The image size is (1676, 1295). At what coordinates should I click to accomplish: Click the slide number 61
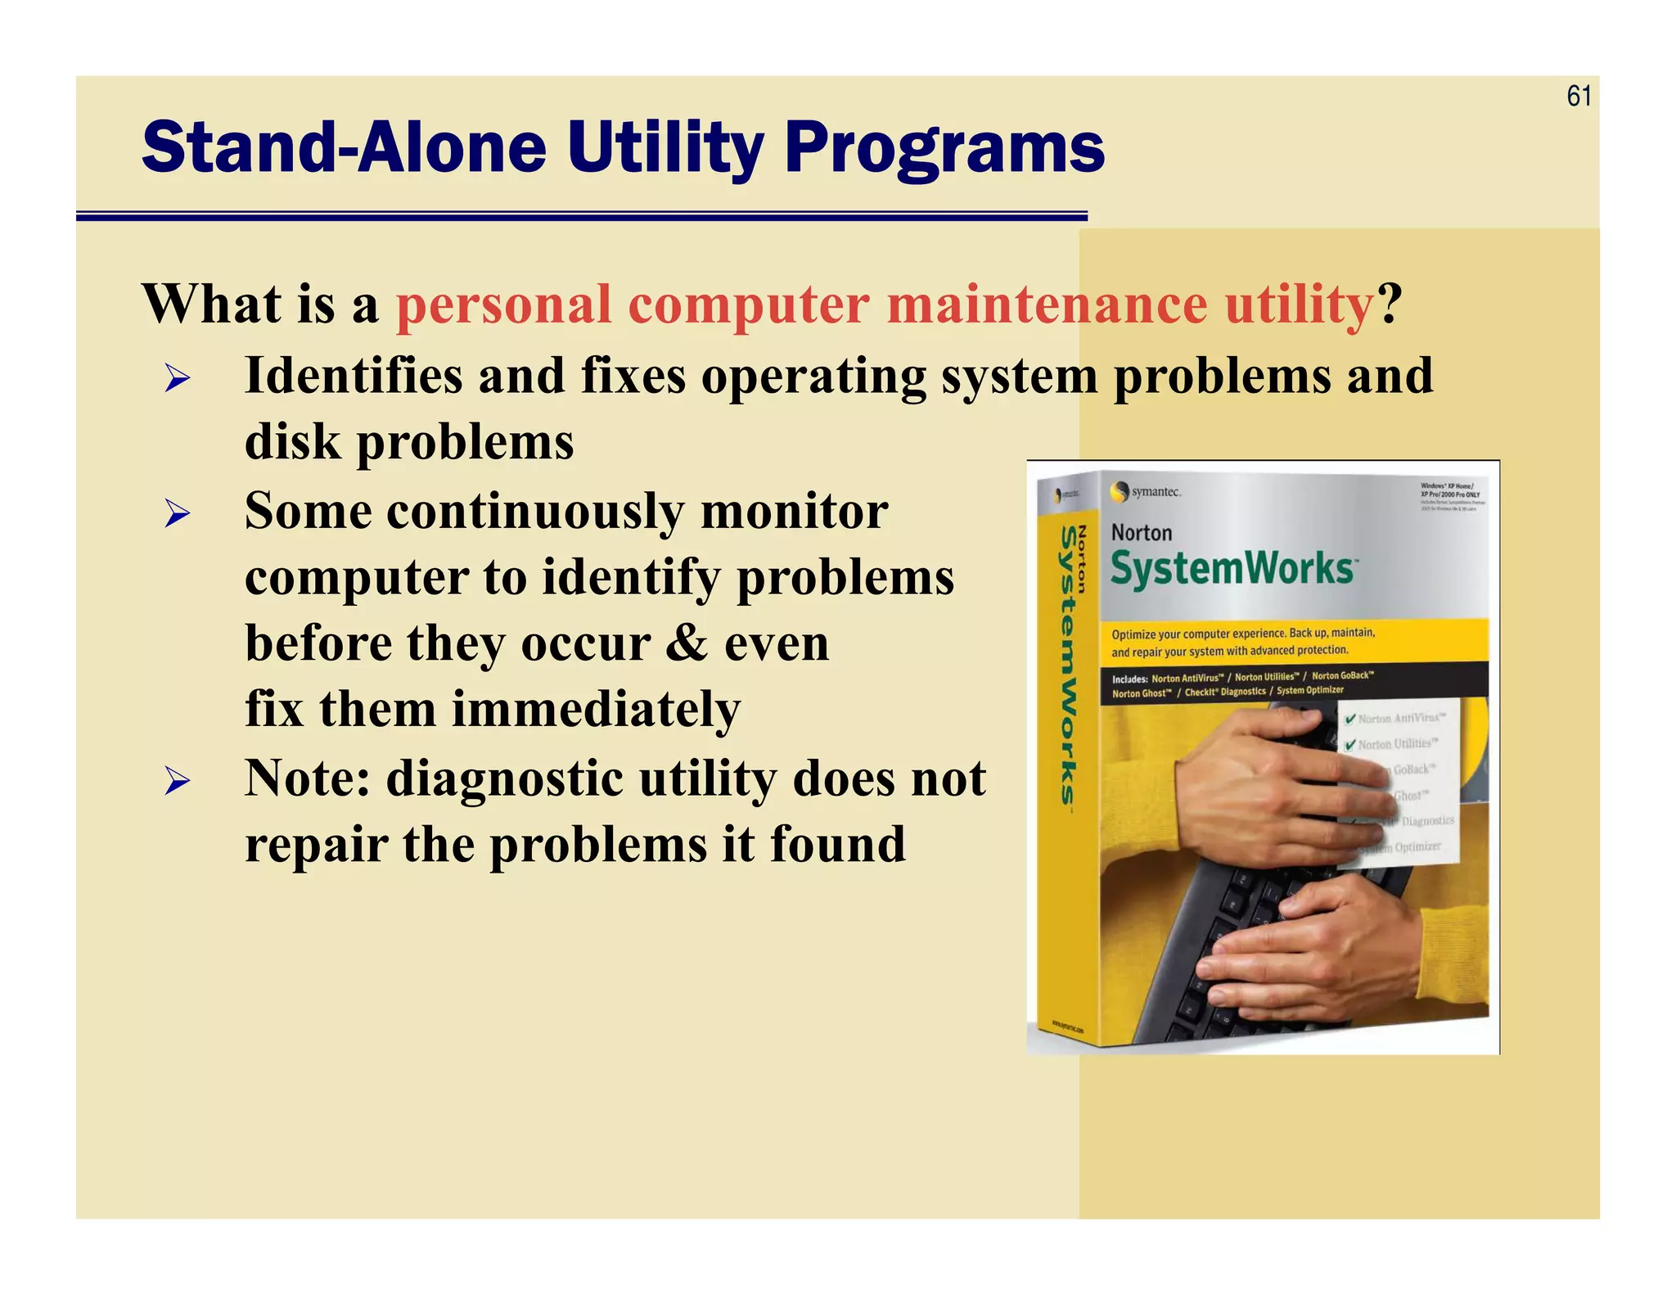click(x=1579, y=97)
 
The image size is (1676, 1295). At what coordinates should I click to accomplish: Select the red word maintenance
click(x=1047, y=305)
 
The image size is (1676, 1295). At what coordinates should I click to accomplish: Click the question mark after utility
click(x=1390, y=305)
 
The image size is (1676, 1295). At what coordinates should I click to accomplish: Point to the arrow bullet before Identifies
click(x=177, y=378)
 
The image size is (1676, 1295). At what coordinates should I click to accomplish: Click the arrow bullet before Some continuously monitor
click(x=177, y=514)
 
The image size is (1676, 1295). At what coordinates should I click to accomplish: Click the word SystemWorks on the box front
click(x=1232, y=568)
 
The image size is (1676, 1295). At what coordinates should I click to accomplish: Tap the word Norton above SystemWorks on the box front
click(x=1142, y=533)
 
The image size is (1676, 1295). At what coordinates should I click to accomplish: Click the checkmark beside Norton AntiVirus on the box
click(x=1350, y=719)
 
